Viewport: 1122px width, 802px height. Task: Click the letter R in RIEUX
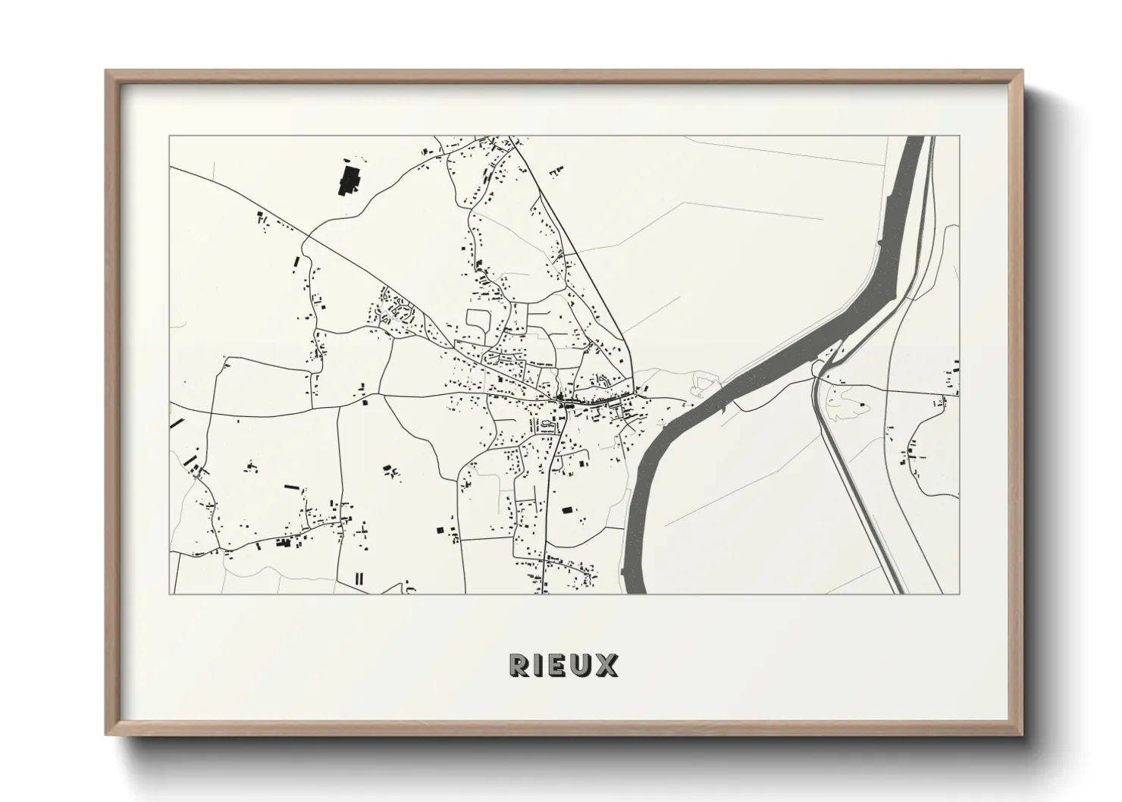(x=519, y=666)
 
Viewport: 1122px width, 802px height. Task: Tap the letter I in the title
(x=541, y=666)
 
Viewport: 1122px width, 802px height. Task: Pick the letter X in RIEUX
(x=607, y=666)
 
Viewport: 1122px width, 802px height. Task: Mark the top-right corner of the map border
(x=959, y=136)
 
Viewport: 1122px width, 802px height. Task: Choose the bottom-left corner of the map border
(x=170, y=594)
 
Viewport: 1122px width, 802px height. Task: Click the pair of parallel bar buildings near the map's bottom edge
(x=359, y=578)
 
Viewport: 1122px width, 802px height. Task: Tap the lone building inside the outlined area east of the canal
(x=862, y=406)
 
